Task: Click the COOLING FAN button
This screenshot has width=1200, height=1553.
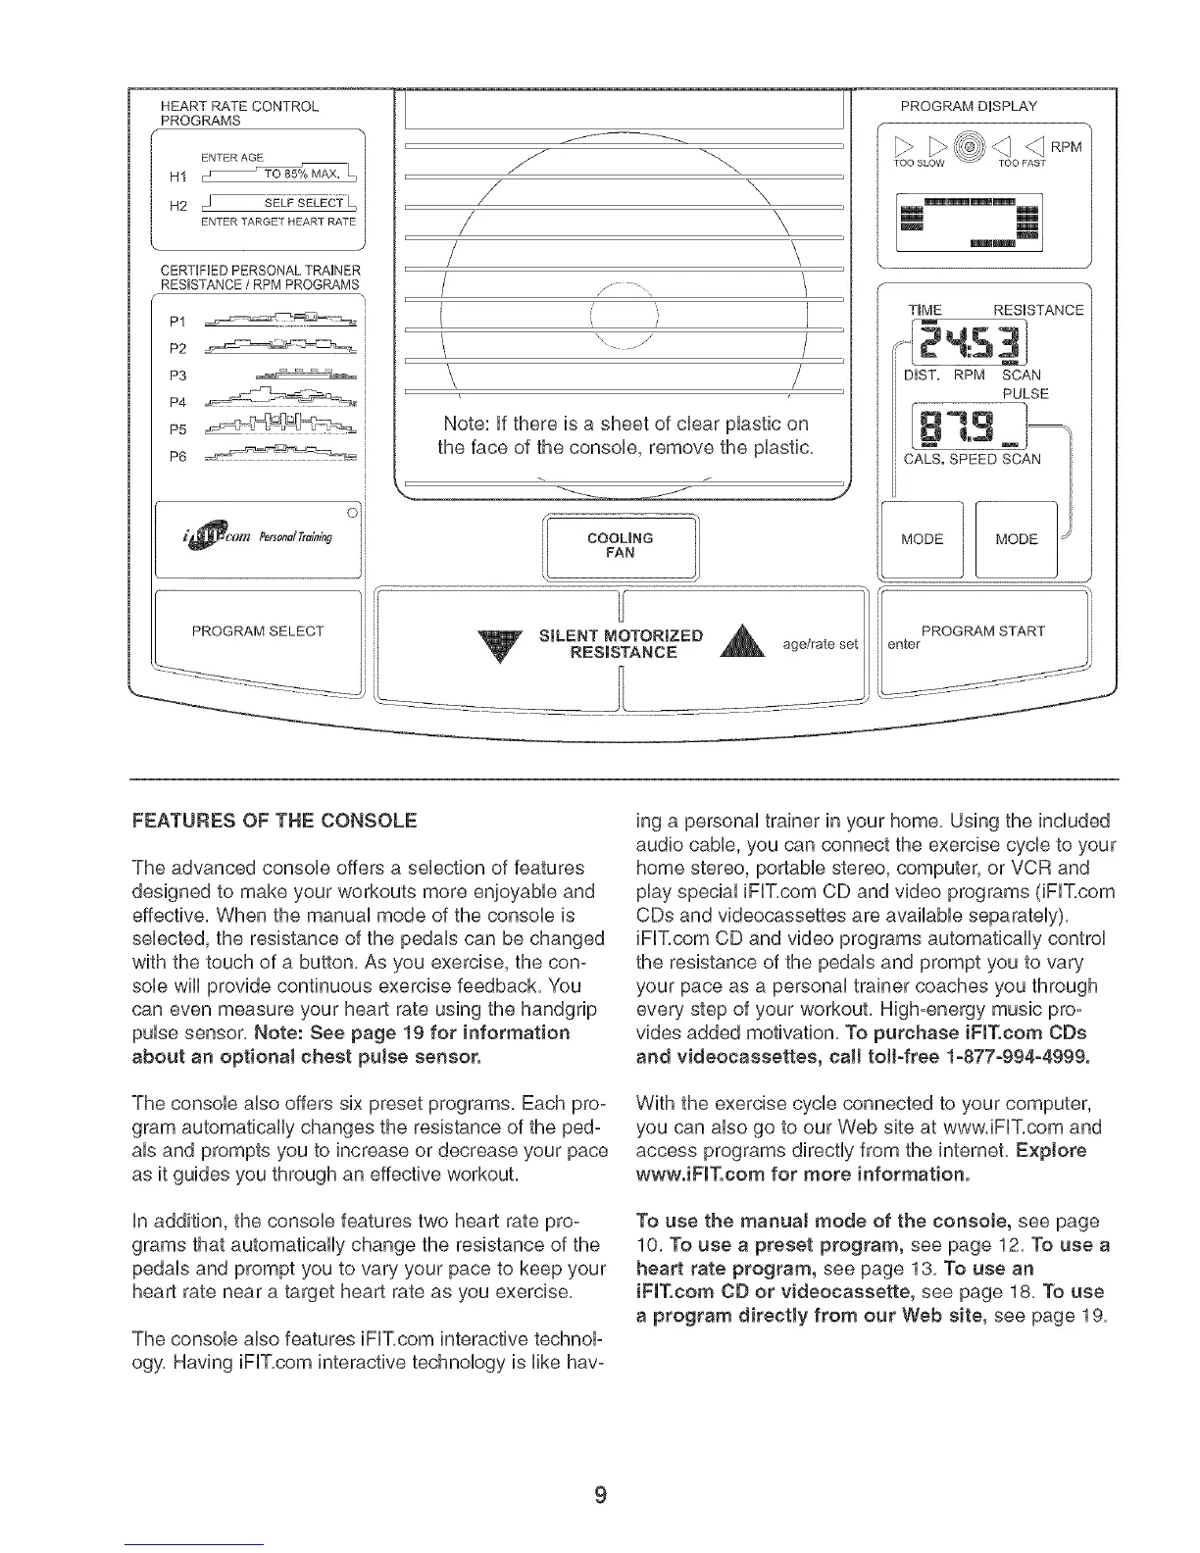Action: (x=620, y=546)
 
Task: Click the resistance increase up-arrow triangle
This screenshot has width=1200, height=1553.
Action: (x=740, y=647)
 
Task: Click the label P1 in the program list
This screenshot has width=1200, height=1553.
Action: (x=177, y=320)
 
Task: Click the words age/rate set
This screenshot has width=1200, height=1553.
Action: (x=820, y=644)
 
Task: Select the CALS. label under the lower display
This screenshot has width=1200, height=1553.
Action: (x=923, y=459)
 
